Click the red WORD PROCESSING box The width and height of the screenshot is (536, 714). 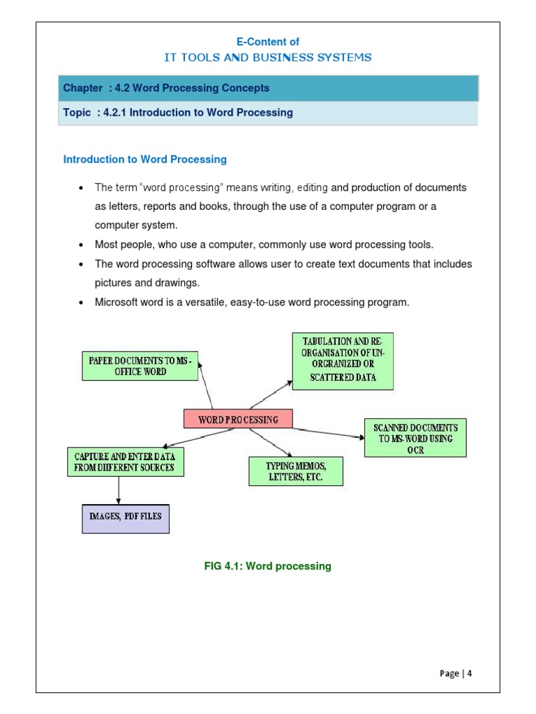pos(238,419)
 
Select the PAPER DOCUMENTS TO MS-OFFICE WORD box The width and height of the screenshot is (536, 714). pos(140,366)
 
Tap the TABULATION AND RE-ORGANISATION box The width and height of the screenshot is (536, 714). pos(343,361)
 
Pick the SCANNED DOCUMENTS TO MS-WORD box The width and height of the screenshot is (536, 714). pos(415,438)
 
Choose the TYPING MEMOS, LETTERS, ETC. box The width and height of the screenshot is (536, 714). pos(296,471)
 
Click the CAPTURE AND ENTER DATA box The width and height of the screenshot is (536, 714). pos(126,462)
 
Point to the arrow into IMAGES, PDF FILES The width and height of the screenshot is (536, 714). pos(119,490)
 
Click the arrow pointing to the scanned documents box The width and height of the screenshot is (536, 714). pos(328,433)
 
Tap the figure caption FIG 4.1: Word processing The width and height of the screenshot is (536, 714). pos(267,566)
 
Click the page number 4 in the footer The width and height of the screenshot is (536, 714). pos(470,674)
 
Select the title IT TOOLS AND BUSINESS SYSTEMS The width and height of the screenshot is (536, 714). pos(267,58)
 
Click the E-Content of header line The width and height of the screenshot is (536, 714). pos(267,42)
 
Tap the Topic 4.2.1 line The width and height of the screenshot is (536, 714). pos(178,112)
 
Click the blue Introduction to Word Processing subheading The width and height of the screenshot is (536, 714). pos(145,159)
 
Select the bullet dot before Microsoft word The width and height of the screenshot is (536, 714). pos(82,303)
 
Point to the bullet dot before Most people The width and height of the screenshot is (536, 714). pos(82,245)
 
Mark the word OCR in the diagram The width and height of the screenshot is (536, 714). pos(415,450)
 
